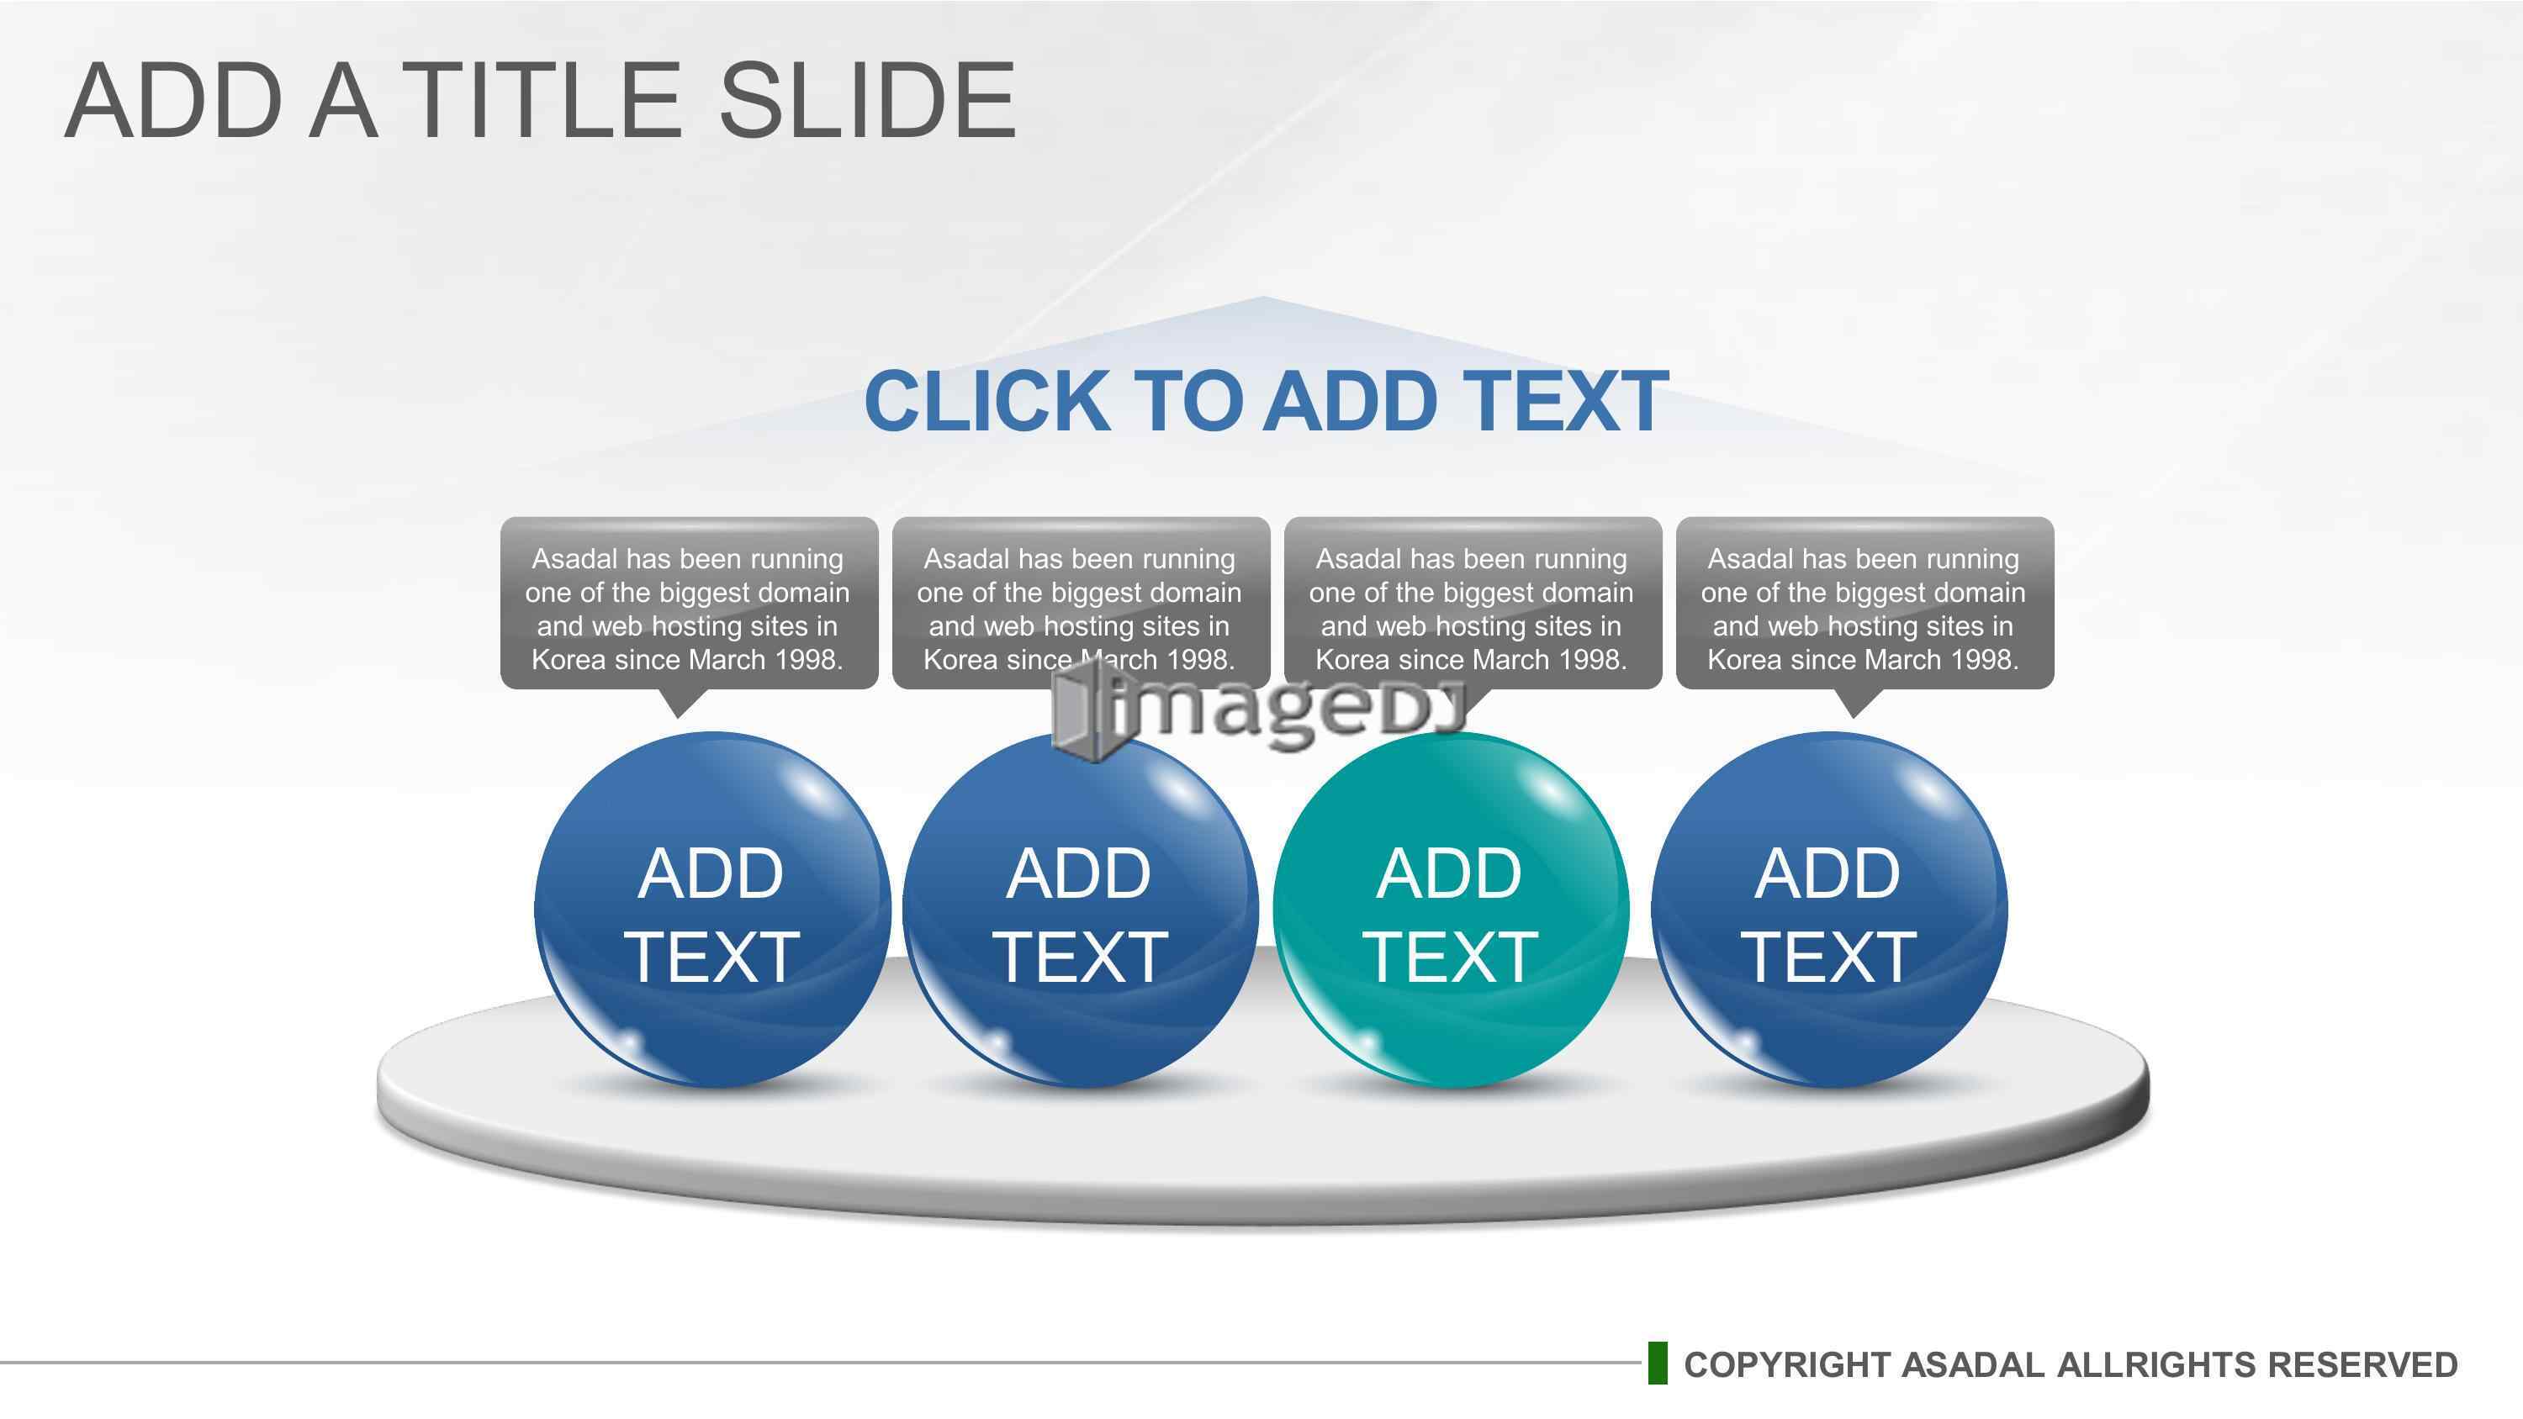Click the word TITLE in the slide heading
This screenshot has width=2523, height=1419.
[x=541, y=100]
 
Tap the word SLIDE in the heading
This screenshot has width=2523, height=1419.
[x=868, y=100]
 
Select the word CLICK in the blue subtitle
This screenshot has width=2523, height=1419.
[x=987, y=402]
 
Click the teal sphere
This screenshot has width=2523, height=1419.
[x=1451, y=910]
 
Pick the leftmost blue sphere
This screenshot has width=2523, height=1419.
[x=712, y=910]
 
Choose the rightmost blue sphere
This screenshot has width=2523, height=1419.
[x=1828, y=910]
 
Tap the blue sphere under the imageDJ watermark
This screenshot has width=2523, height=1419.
[x=1081, y=910]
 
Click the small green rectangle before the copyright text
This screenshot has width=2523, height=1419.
[x=1657, y=1364]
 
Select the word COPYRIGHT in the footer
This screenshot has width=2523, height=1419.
[x=1786, y=1364]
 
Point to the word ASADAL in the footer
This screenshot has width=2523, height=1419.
[x=1971, y=1364]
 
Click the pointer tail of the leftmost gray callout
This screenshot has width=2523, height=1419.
[x=679, y=702]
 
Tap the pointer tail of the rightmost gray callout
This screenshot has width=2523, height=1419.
[x=1853, y=702]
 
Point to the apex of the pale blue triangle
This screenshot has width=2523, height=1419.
[x=1261, y=297]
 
